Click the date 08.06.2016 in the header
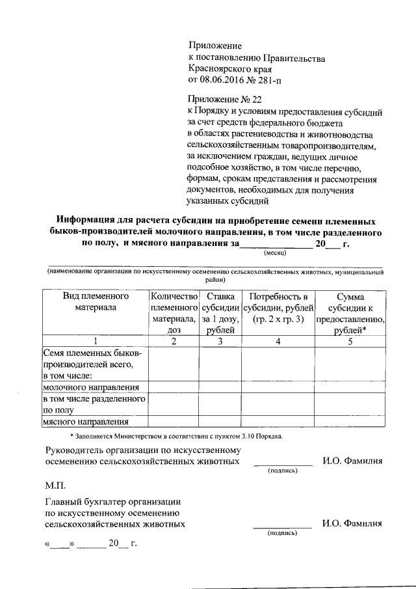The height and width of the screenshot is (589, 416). pyautogui.click(x=220, y=80)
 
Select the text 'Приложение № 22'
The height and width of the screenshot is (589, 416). pyautogui.click(x=224, y=99)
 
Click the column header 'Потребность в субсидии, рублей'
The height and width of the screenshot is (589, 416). pyautogui.click(x=278, y=307)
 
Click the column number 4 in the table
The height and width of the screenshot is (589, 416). pyautogui.click(x=278, y=341)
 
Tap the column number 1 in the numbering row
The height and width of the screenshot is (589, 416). pyautogui.click(x=95, y=341)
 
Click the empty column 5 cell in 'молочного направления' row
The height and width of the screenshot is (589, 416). pyautogui.click(x=350, y=387)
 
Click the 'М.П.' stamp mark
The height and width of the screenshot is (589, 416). pyautogui.click(x=55, y=486)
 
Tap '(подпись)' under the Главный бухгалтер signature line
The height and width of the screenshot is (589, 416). pyautogui.click(x=282, y=532)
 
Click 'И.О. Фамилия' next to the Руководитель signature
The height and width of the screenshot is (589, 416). pyautogui.click(x=352, y=461)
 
